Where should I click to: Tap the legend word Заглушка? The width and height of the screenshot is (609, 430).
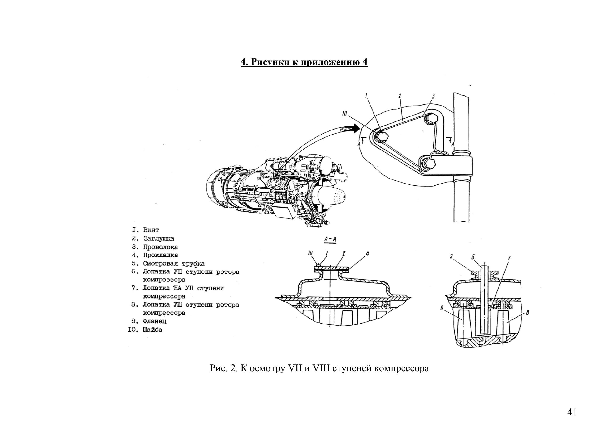pyautogui.click(x=158, y=238)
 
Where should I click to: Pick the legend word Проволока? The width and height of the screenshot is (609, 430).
pyautogui.click(x=160, y=247)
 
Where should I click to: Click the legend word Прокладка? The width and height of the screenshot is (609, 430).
pyautogui.click(x=160, y=255)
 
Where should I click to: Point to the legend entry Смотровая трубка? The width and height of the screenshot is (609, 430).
pyautogui.click(x=174, y=264)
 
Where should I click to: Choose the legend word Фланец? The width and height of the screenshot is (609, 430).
pyautogui.click(x=154, y=321)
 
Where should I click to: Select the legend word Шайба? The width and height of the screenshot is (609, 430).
pyautogui.click(x=152, y=330)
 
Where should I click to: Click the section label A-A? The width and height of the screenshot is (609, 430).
pyautogui.click(x=330, y=239)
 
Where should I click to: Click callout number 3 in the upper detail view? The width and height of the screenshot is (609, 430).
pyautogui.click(x=433, y=96)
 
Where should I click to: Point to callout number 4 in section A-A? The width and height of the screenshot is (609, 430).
pyautogui.click(x=367, y=254)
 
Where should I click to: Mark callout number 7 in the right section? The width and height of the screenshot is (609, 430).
pyautogui.click(x=509, y=258)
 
